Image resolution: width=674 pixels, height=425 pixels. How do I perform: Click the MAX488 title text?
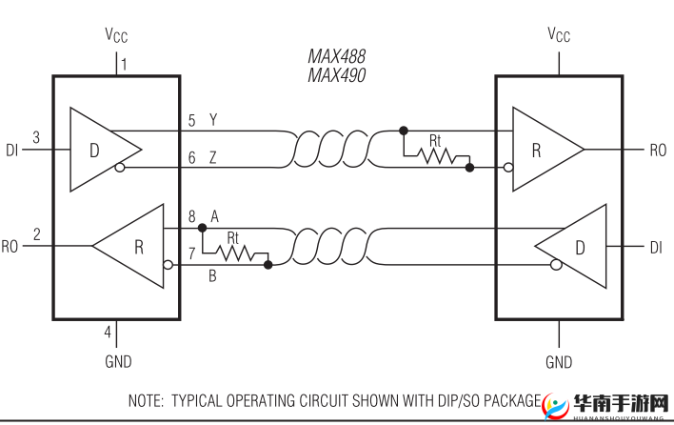336,57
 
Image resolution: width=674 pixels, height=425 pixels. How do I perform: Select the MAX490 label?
336,75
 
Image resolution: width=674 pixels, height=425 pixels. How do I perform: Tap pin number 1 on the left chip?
124,65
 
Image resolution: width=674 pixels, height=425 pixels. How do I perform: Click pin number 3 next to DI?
36,138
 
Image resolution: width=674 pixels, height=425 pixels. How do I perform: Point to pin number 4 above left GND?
108,332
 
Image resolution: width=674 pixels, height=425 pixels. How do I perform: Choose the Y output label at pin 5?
212,120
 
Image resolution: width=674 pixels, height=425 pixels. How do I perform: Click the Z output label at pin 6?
212,158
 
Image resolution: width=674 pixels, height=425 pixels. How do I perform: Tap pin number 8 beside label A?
191,216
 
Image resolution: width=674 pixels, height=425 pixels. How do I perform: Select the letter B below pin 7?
212,276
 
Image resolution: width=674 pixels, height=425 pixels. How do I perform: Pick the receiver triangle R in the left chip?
133,247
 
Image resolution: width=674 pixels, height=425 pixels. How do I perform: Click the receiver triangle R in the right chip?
543,149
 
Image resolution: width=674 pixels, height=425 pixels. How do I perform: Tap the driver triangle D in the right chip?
574,247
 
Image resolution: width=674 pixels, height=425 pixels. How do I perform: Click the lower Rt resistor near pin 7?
235,253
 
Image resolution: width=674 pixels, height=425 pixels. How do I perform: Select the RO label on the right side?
658,150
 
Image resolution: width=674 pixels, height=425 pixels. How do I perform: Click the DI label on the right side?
656,247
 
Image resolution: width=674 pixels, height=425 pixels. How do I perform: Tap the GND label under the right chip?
559,362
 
